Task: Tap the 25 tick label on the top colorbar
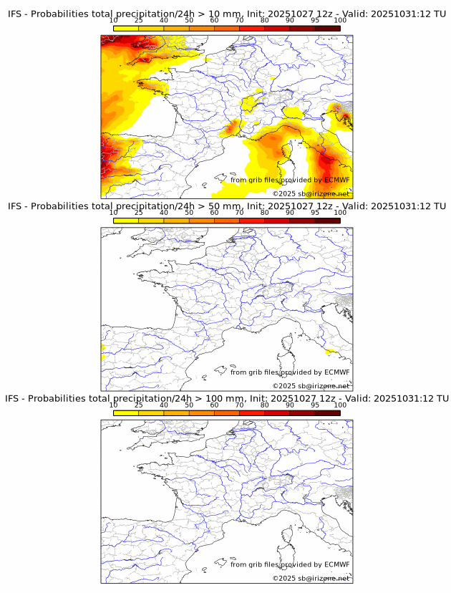tap(139, 21)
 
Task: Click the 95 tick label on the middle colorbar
tap(315, 213)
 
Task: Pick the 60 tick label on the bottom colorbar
tap(214, 405)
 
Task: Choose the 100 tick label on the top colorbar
tap(340, 21)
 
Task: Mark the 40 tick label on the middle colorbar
tap(164, 213)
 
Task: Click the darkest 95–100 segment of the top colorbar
tap(328, 28)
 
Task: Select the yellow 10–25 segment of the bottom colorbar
tap(126, 413)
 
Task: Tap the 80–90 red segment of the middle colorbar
tap(277, 221)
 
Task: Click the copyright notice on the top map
tap(311, 193)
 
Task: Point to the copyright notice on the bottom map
tap(311, 578)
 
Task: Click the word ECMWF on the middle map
tap(337, 372)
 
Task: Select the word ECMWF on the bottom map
tap(337, 564)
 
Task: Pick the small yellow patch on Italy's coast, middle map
tap(332, 352)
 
